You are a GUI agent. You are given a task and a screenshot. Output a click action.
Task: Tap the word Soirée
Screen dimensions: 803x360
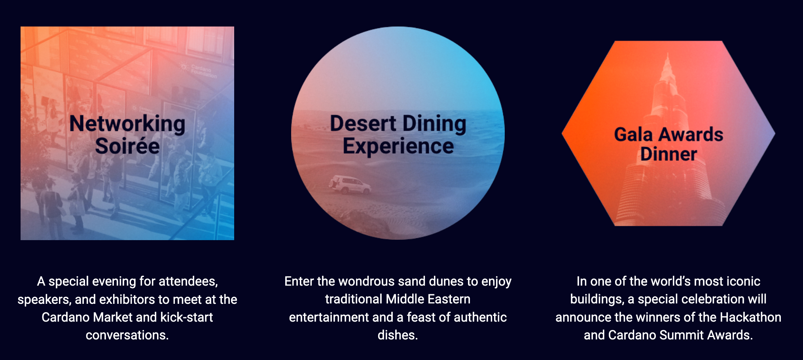tap(127, 146)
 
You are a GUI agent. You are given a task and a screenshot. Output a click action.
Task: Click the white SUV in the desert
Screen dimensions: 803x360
tap(350, 185)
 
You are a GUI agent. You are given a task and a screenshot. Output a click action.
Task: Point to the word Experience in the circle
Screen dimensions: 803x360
tap(398, 147)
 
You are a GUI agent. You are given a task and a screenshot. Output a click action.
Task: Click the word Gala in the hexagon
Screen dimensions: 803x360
tap(633, 135)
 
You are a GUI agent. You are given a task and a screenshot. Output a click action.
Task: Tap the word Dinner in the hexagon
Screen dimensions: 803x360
tap(669, 154)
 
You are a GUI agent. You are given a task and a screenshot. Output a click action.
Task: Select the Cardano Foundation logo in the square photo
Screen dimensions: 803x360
tap(199, 70)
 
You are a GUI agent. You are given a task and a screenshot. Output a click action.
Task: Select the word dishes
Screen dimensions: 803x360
tap(398, 335)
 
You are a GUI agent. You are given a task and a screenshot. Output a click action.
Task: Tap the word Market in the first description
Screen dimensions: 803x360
tap(113, 317)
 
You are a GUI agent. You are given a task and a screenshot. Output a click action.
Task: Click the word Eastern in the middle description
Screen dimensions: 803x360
tap(449, 299)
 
